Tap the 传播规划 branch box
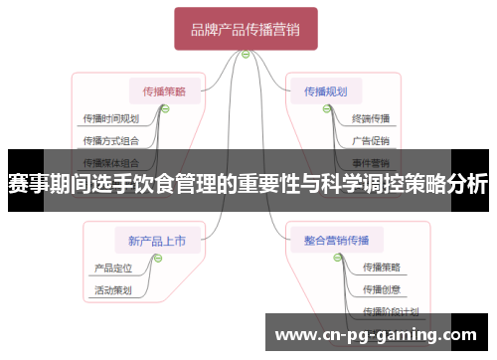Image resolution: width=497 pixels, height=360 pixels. click(x=326, y=91)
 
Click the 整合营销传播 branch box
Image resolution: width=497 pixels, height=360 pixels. click(x=329, y=239)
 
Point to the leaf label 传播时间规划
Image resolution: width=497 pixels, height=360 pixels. click(x=110, y=118)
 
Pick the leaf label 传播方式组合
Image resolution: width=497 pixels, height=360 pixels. click(x=110, y=140)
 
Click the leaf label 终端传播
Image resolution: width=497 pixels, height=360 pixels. click(x=371, y=118)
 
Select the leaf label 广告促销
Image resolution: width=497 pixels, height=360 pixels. click(x=371, y=140)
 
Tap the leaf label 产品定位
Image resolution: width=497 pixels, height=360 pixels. click(x=111, y=268)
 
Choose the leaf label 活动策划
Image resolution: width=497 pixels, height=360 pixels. click(x=111, y=290)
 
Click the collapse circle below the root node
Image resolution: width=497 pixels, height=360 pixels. click(x=246, y=55)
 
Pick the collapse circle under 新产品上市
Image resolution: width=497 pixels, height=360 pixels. click(x=156, y=257)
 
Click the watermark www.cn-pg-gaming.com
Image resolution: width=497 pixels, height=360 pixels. click(x=375, y=333)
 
